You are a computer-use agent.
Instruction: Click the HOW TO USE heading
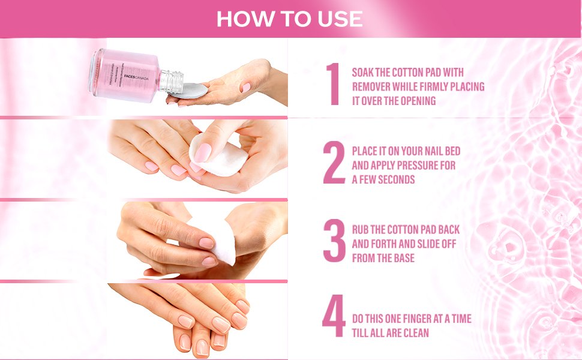coord(290,19)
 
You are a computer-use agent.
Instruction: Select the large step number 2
coord(334,163)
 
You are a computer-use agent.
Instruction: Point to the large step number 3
coord(334,241)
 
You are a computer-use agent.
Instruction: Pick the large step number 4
coord(334,316)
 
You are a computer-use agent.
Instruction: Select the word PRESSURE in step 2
coord(417,165)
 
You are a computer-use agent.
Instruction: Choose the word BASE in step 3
coord(403,258)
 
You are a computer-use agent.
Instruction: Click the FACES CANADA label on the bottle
coord(136,79)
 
